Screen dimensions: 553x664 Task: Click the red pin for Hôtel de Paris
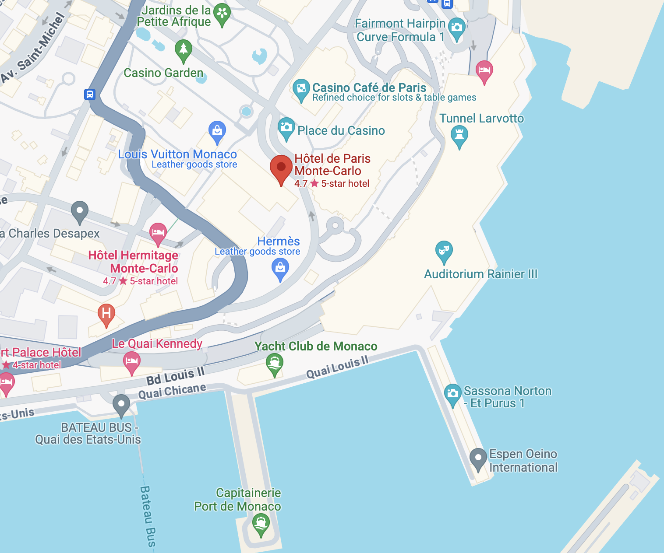281,168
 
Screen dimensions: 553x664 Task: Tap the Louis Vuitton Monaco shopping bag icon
217,130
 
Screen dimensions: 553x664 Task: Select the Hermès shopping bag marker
280,267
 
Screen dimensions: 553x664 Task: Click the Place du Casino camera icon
286,127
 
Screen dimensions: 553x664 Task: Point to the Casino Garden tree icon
184,49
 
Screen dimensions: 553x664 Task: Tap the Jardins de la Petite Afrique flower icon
222,13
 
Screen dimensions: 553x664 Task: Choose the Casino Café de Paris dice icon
301,89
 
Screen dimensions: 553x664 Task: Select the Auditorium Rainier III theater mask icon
444,250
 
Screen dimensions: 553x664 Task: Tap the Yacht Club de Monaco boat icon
275,363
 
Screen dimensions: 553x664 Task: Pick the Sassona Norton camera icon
453,393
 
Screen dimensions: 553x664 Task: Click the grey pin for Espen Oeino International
478,458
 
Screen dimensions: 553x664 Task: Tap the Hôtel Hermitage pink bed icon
158,232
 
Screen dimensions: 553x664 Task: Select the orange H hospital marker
106,313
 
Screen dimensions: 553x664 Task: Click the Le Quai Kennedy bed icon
132,361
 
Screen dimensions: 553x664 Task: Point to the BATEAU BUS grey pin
121,403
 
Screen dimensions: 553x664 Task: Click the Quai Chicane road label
172,391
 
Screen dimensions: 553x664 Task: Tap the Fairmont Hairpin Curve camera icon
457,27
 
